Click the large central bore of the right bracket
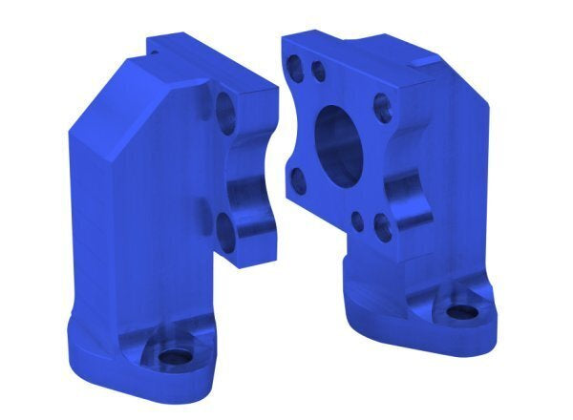(339, 143)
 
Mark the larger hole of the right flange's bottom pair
(382, 228)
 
